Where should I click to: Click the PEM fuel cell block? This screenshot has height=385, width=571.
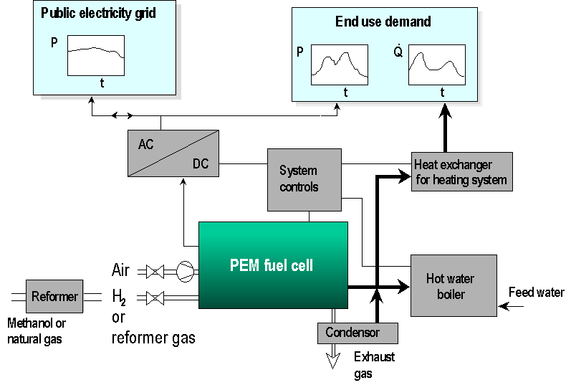click(x=273, y=265)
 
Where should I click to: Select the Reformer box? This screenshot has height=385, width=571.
click(x=54, y=296)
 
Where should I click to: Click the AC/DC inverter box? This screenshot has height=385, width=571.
click(x=173, y=153)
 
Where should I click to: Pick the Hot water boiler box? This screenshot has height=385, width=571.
click(x=453, y=285)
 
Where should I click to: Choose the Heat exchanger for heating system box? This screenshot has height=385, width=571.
click(x=462, y=172)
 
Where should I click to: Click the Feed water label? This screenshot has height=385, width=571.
click(x=536, y=293)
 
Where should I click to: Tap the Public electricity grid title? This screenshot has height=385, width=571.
click(x=98, y=13)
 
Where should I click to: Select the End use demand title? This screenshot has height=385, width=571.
click(x=383, y=22)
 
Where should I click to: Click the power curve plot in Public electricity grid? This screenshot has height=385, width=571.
click(x=96, y=56)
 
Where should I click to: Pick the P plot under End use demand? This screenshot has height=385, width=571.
click(x=339, y=65)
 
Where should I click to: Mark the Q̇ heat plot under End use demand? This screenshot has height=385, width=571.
click(x=436, y=65)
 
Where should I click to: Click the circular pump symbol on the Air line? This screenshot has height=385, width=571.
click(x=186, y=271)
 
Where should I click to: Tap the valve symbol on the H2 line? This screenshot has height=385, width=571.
click(x=155, y=298)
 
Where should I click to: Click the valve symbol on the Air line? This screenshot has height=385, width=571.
click(x=155, y=272)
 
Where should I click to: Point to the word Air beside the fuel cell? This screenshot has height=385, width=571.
click(x=121, y=270)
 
